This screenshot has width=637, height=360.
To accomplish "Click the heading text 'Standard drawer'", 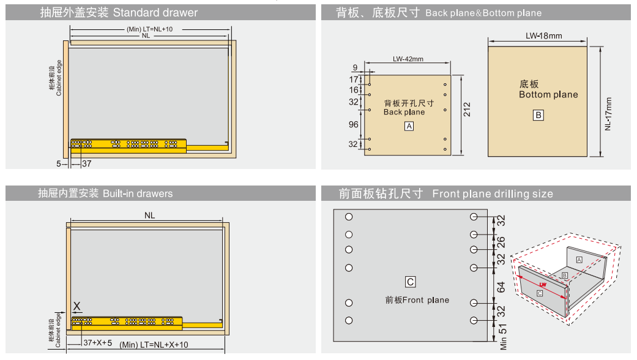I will (155, 12).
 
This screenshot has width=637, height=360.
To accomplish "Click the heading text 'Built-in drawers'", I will (138, 193).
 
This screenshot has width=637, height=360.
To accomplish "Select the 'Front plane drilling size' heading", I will (492, 193).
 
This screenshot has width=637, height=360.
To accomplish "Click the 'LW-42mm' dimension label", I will (408, 59).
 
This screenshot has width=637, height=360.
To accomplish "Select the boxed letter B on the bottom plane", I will (538, 115).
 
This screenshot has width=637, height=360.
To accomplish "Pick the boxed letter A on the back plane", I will (409, 126).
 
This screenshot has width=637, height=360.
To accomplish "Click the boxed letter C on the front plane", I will (411, 282).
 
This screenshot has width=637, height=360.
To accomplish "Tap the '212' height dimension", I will (468, 110).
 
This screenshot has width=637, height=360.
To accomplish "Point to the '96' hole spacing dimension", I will (354, 124).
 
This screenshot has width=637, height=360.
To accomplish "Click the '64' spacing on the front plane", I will (501, 286).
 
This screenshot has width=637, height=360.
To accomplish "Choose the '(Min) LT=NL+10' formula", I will (151, 29).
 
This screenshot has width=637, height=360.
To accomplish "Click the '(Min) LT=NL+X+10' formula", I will (154, 345).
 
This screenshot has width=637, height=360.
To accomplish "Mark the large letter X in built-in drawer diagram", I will (77, 306).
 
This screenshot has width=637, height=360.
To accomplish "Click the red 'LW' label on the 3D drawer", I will (543, 285).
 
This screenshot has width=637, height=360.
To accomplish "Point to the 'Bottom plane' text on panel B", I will (548, 95).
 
